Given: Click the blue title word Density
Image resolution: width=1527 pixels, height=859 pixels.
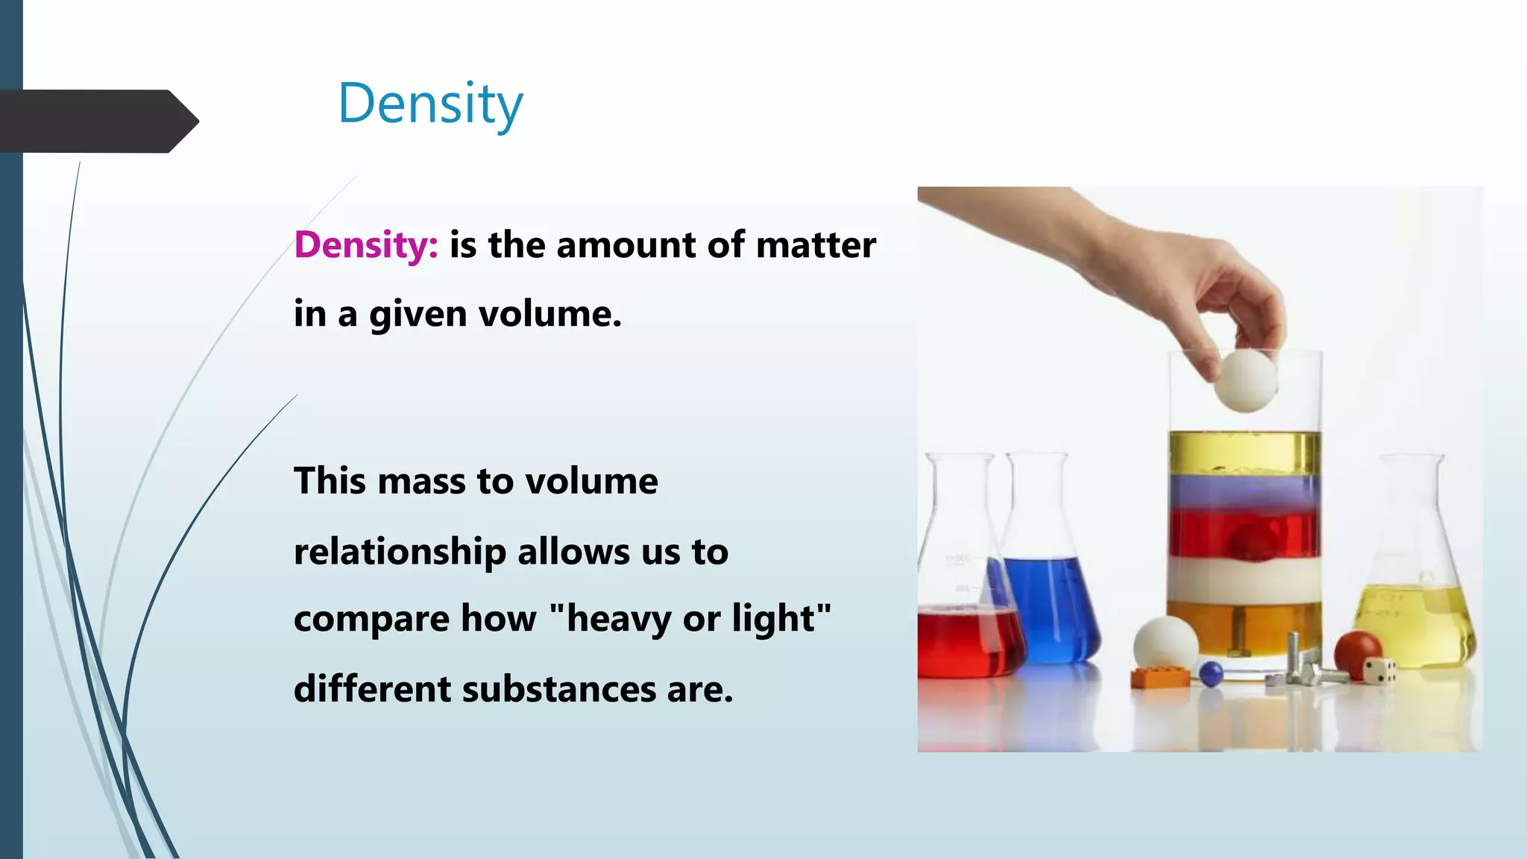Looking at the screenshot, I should [x=430, y=104].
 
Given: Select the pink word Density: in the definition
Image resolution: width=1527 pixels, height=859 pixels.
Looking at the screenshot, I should [x=366, y=245].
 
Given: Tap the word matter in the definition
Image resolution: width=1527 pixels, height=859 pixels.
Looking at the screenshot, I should [x=816, y=245].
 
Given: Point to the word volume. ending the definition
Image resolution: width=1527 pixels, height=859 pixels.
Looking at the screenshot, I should [x=550, y=314].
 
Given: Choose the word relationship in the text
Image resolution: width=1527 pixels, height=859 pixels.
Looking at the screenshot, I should [x=399, y=553].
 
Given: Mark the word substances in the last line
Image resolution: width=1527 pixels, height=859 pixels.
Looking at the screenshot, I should [x=559, y=689].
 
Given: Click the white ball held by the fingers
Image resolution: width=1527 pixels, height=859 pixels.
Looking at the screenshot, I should [x=1244, y=380].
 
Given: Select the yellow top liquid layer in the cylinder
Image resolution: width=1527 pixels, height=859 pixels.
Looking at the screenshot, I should [x=1244, y=451].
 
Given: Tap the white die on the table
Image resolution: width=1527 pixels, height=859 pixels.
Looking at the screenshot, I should [x=1379, y=670].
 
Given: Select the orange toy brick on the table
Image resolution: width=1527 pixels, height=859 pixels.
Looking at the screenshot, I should [x=1160, y=677].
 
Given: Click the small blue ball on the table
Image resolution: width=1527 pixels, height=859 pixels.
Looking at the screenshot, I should [x=1211, y=673].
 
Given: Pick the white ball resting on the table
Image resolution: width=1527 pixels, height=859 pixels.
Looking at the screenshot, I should [x=1165, y=643].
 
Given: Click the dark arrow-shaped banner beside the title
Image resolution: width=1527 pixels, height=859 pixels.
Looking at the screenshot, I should [x=97, y=121].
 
